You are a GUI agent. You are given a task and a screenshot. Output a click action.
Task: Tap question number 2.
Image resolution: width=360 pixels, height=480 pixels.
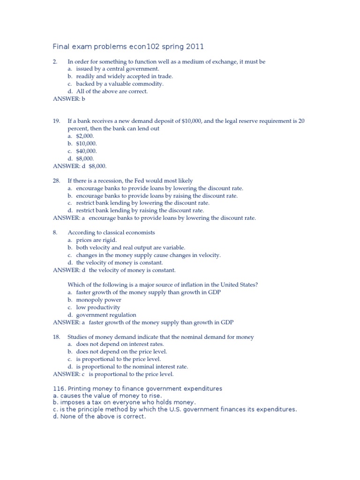[55, 61]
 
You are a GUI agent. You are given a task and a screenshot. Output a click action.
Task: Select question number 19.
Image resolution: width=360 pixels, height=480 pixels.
[56, 121]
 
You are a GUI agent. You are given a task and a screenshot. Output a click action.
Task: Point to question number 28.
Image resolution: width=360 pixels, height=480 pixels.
[56, 180]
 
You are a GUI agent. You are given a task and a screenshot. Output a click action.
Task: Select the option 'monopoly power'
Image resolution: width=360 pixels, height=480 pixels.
[98, 300]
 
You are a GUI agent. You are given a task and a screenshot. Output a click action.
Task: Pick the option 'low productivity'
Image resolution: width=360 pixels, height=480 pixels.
[98, 307]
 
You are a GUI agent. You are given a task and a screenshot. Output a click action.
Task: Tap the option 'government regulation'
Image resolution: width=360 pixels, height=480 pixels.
[106, 315]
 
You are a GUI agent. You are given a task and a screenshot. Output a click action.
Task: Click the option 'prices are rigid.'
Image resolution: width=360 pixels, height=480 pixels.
[96, 240]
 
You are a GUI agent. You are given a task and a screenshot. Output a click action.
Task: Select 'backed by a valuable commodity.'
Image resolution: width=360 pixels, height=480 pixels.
[120, 84]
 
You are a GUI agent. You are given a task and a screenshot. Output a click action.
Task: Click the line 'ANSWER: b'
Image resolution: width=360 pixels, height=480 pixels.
[69, 99]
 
